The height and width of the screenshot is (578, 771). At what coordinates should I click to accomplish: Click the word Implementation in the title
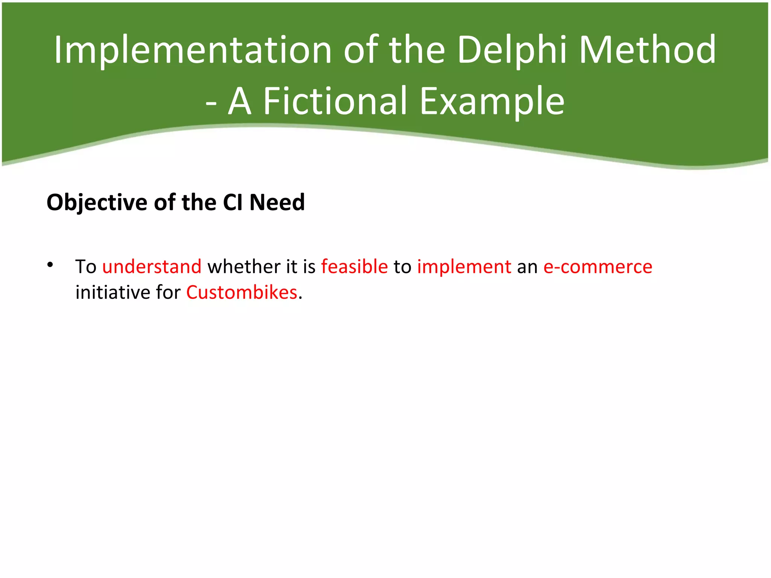pyautogui.click(x=192, y=50)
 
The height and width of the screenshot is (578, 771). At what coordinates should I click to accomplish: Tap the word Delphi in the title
pyautogui.click(x=512, y=50)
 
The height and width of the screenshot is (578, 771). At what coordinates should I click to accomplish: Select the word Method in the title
pyautogui.click(x=647, y=50)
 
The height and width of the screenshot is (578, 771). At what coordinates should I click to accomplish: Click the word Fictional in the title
pyautogui.click(x=335, y=101)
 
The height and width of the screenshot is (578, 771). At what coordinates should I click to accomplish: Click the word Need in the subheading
pyautogui.click(x=277, y=202)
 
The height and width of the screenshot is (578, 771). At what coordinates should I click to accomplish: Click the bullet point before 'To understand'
pyautogui.click(x=50, y=265)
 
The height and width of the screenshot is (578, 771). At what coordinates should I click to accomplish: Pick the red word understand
pyautogui.click(x=152, y=266)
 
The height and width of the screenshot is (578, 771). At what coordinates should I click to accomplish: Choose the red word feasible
pyautogui.click(x=354, y=266)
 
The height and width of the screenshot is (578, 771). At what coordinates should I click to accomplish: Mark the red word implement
pyautogui.click(x=464, y=266)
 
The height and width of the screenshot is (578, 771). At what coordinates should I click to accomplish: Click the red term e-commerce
pyautogui.click(x=597, y=266)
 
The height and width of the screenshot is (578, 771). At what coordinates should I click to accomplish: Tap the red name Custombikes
pyautogui.click(x=242, y=292)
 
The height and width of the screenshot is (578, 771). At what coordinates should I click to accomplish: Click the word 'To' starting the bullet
pyautogui.click(x=86, y=266)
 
